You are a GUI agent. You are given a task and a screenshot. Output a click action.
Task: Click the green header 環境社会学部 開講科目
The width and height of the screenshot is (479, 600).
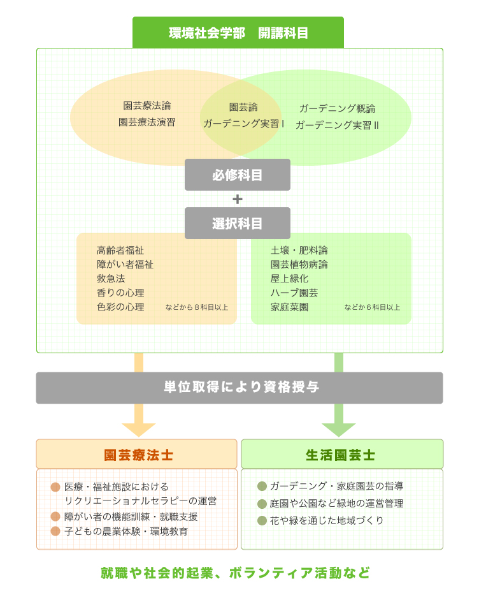pos(238,33)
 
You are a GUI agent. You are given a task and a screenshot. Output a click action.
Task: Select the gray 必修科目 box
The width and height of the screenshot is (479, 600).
pos(238,175)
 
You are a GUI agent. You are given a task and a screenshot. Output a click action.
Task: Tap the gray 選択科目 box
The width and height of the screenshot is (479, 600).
pos(238,223)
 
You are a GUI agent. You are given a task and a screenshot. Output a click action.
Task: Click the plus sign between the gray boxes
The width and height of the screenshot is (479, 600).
pos(238,199)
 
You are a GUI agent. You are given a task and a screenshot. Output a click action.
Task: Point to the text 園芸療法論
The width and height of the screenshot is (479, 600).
pos(147,106)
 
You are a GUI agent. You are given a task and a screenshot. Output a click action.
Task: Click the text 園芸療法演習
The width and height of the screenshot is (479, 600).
pos(147,122)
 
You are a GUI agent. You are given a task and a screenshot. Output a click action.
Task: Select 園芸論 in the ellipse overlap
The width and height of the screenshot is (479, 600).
pos(243,107)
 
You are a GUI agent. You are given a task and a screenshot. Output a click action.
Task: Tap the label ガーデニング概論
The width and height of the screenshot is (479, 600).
pos(337,108)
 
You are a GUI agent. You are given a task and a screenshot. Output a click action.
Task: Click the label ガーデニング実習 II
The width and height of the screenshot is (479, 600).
pos(337,125)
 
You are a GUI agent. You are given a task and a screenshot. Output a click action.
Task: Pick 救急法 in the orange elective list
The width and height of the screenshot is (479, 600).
pos(111,279)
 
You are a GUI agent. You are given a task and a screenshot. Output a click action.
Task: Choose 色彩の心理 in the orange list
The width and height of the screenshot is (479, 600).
pos(120,307)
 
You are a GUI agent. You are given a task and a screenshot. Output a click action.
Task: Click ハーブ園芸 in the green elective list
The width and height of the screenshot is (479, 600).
pos(294,293)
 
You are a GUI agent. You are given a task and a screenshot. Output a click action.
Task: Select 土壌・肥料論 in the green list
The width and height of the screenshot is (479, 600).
pos(299,250)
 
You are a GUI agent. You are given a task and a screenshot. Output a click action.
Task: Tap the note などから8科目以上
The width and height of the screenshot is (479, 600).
pos(196,307)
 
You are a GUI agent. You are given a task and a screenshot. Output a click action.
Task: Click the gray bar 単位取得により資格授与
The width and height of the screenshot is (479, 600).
pos(240,388)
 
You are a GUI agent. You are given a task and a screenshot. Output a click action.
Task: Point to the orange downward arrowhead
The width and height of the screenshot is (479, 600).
pos(138,430)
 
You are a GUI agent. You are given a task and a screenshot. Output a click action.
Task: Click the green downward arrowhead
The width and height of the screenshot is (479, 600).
pos(339,430)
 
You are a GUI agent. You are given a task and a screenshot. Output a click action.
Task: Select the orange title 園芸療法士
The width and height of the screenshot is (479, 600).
pos(138,455)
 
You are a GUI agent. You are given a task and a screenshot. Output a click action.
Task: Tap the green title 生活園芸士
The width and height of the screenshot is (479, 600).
pos(340,455)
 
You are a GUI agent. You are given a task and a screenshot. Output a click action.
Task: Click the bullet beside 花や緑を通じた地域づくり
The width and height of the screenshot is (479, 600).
pos(262,521)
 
